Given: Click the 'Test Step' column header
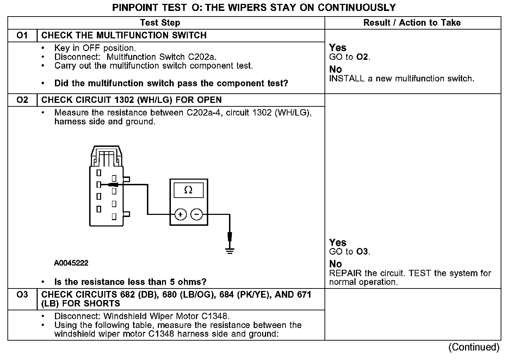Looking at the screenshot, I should [160, 23].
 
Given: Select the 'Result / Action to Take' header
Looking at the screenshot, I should [412, 23].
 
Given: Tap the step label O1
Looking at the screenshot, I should [22, 36].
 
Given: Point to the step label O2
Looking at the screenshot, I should [22, 100].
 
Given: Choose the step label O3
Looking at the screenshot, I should [22, 294].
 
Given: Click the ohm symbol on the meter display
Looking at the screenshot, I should [188, 190].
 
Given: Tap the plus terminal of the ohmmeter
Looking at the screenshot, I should [180, 214].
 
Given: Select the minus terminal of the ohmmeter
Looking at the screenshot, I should [197, 214].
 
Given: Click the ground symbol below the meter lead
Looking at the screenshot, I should [230, 251].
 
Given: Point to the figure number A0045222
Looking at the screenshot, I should [71, 263].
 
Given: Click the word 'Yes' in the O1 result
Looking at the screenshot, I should [338, 48].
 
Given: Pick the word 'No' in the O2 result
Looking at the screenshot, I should [335, 264].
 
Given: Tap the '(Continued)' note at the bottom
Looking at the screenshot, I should [474, 347].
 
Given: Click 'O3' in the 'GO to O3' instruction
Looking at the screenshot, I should [362, 252].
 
